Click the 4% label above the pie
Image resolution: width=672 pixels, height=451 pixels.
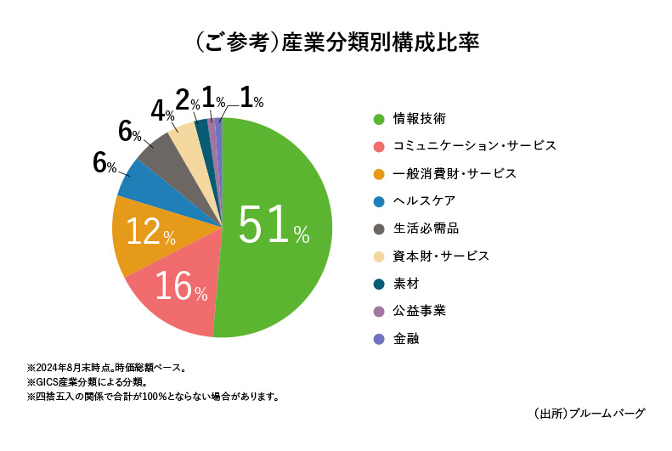point(161,111)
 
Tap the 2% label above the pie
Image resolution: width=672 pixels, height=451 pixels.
point(187,101)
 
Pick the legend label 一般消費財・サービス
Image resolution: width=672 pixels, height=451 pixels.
point(455,173)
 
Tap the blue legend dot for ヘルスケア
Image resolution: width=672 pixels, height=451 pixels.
point(379,200)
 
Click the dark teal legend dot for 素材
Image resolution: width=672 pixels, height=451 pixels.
point(379,284)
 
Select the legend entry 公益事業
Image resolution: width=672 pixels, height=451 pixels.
point(420,311)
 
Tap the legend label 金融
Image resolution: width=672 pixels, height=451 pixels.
point(405,338)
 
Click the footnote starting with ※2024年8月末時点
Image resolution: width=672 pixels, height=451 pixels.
point(106,369)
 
